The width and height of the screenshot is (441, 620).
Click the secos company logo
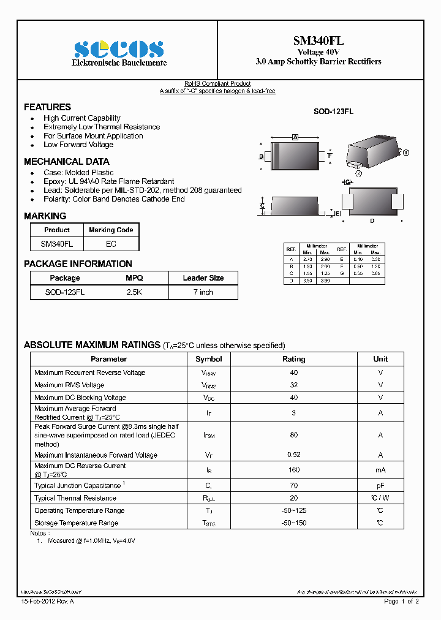[119, 49]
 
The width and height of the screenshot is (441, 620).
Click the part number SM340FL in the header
[318, 40]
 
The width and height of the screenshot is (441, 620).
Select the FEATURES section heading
[47, 107]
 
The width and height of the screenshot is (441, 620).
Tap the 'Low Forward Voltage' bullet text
[78, 145]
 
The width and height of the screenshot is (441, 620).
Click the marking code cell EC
[111, 244]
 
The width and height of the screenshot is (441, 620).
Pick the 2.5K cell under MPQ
[134, 292]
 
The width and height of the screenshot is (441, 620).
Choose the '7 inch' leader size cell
[203, 292]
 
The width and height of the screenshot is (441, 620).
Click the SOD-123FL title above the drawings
[333, 112]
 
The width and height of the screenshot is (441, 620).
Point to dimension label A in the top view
[295, 137]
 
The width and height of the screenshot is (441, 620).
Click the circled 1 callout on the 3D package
[405, 153]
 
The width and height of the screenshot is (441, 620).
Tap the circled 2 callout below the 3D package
[359, 173]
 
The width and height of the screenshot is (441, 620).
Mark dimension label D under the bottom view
[372, 221]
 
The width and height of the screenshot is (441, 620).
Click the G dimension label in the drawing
[347, 183]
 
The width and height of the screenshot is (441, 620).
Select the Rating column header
[293, 359]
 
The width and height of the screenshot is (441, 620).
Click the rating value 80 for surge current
[293, 435]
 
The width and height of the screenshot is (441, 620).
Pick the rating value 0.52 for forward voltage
[293, 455]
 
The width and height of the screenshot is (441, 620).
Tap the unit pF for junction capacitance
[380, 485]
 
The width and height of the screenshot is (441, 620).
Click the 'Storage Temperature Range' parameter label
[76, 523]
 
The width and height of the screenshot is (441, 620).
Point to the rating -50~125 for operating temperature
[293, 510]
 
